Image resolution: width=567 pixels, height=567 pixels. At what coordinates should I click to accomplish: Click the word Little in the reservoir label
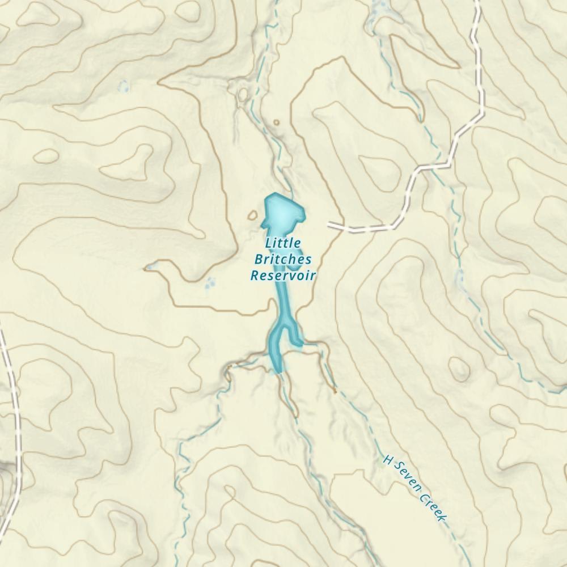click(283, 243)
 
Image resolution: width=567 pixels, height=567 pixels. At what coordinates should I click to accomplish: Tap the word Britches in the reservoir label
click(282, 260)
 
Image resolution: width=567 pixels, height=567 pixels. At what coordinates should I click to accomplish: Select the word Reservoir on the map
click(283, 276)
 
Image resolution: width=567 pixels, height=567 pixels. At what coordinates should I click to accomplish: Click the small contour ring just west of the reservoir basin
click(253, 215)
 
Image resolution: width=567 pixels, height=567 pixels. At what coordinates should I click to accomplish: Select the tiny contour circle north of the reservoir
click(276, 122)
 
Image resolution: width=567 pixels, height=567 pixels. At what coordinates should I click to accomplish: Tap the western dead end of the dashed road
click(329, 225)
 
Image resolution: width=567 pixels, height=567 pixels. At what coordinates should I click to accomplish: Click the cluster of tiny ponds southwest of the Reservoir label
click(210, 282)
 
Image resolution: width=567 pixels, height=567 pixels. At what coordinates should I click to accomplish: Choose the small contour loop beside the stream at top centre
click(243, 94)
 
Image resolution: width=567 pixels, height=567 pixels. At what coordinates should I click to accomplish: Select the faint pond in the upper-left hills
click(123, 86)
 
